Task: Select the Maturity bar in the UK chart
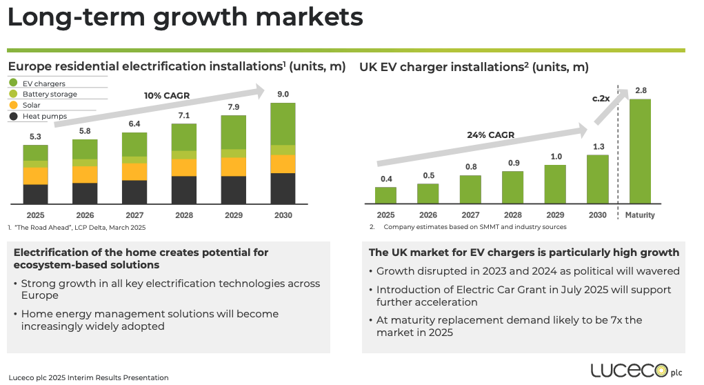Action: [x=640, y=151]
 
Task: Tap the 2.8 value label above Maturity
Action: [x=641, y=90]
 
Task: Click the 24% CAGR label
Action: [x=492, y=135]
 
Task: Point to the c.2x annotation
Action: [x=601, y=99]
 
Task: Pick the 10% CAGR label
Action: [x=166, y=95]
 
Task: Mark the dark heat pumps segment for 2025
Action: [x=35, y=194]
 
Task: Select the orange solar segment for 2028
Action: [x=184, y=168]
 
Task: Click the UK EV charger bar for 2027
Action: [x=470, y=189]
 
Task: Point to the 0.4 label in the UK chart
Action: [x=385, y=179]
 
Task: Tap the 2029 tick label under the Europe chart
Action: [x=234, y=215]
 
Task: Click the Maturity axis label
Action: [x=640, y=215]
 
